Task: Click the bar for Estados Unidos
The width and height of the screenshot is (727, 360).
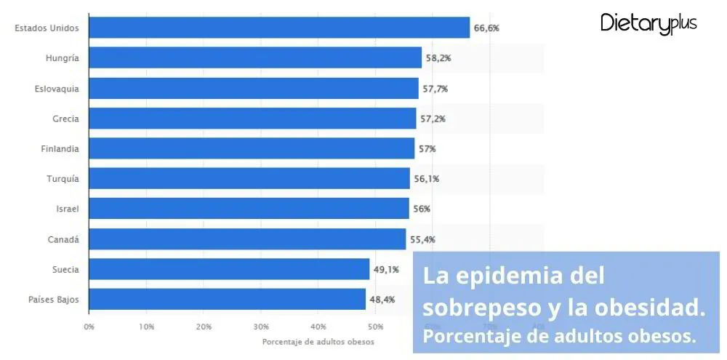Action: (279, 28)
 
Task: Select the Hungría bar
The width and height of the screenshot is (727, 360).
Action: (255, 57)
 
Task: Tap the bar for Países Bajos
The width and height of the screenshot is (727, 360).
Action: (227, 299)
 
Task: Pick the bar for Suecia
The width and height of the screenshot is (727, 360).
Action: (229, 269)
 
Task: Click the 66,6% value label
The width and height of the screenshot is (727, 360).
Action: (486, 28)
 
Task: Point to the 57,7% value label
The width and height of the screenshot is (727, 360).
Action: (435, 88)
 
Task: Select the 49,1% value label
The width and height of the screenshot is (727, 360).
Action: (387, 269)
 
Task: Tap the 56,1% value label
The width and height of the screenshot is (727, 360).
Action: (427, 178)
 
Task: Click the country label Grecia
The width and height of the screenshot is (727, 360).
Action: (65, 119)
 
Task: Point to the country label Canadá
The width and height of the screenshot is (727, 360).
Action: (64, 239)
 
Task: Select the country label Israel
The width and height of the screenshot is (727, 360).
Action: (67, 209)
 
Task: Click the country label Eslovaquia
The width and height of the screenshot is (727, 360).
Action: (57, 88)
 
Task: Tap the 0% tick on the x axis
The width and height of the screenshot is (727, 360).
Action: (89, 327)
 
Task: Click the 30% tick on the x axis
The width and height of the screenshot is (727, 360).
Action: (261, 327)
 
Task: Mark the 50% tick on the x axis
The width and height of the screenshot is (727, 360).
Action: (375, 327)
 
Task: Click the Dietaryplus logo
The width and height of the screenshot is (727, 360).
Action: (648, 23)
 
